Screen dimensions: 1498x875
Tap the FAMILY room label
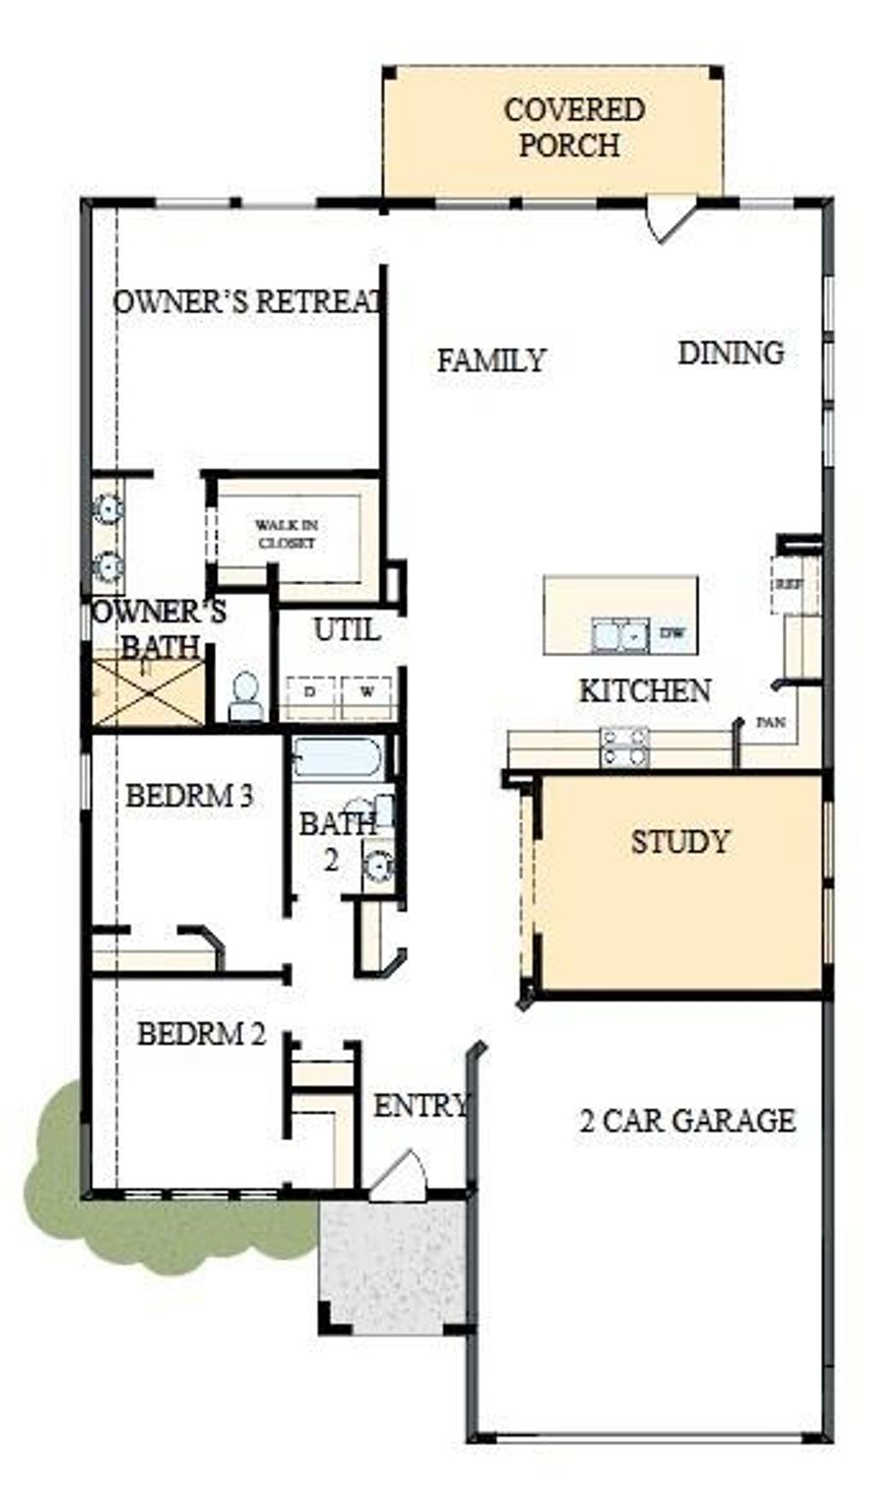click(491, 360)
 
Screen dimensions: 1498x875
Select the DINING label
click(731, 352)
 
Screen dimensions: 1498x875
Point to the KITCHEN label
click(645, 690)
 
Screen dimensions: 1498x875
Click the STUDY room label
click(680, 841)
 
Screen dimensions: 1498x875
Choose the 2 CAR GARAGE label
click(687, 1119)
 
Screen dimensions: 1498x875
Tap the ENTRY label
click(420, 1106)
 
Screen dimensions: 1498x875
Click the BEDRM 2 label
click(202, 1034)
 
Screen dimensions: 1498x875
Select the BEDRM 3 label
click(189, 796)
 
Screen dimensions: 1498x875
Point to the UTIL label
click(346, 630)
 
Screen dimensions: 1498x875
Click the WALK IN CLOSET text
click(287, 534)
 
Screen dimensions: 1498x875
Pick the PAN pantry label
click(771, 722)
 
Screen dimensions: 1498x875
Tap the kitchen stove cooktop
click(624, 748)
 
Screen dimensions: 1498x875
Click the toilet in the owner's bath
click(245, 694)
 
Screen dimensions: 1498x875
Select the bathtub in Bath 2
click(337, 758)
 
